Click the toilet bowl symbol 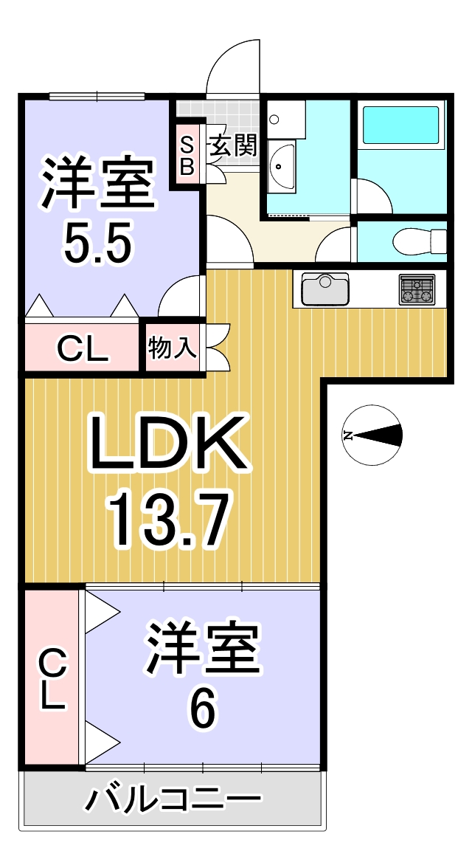click(x=419, y=241)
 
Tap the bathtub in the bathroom click(x=400, y=125)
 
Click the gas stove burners click(x=417, y=289)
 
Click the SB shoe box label click(x=187, y=157)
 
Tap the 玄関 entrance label click(x=232, y=147)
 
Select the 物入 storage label click(x=172, y=348)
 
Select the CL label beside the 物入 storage click(x=83, y=349)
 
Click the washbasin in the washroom click(x=282, y=165)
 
